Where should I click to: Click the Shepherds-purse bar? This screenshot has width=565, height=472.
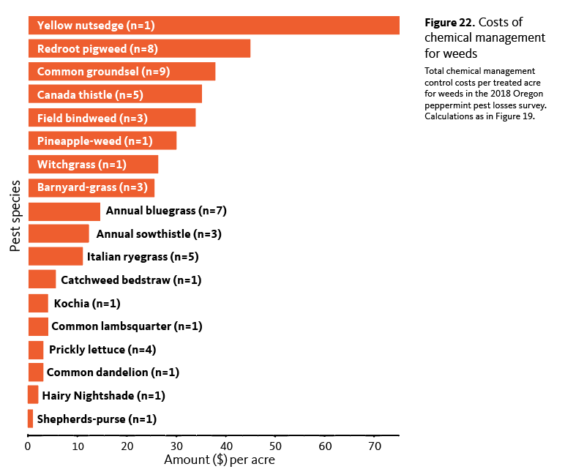point(30,419)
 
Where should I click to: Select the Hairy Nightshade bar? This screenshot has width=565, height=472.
point(33,395)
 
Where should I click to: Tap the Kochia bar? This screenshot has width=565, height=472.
point(38,303)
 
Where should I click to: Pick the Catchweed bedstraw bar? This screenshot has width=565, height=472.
point(42,280)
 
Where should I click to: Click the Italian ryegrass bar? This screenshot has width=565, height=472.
point(56,256)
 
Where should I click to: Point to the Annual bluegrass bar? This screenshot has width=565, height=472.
point(64,211)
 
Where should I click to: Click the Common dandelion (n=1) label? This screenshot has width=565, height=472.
point(113,372)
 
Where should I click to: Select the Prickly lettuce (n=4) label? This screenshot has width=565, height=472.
point(102,350)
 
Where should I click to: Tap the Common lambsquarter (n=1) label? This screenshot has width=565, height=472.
point(127,326)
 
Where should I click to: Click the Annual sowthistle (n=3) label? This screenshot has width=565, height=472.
point(159,234)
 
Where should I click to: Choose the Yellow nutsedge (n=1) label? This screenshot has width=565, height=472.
point(96,25)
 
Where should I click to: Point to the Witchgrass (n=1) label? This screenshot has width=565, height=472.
point(82,165)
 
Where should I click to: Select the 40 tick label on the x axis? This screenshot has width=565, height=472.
point(226,446)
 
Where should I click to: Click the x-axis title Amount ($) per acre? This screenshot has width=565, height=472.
point(220,460)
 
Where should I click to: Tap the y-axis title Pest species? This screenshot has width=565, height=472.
point(15,216)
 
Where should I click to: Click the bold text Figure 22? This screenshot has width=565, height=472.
point(449,23)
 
